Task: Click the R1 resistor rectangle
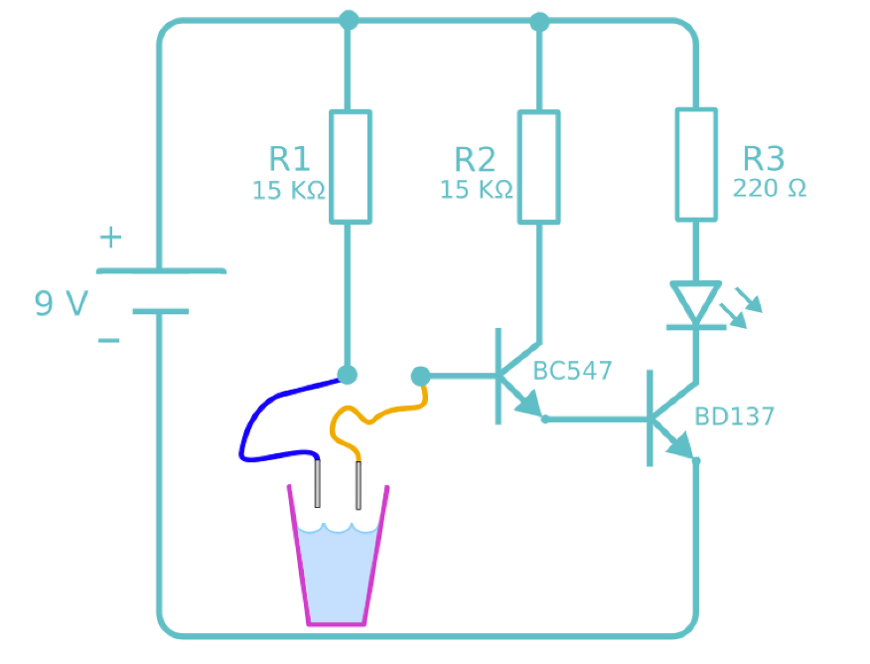click(350, 166)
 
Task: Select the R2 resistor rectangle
click(539, 166)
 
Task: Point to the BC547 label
click(572, 372)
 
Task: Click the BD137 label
click(734, 416)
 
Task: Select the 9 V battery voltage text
click(62, 303)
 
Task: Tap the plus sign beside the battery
click(110, 238)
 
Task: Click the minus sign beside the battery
click(108, 341)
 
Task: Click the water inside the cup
click(337, 572)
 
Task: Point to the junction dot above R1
click(348, 20)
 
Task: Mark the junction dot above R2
click(539, 20)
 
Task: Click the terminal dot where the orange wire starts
click(420, 376)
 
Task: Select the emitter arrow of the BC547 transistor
click(528, 404)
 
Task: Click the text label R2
click(475, 159)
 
